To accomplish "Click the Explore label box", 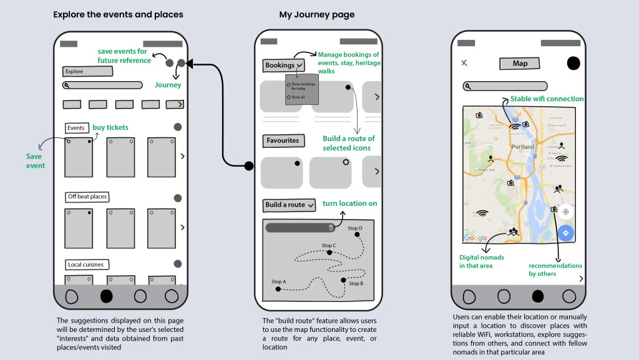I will pos(87,72).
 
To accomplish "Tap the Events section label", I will pos(76,128).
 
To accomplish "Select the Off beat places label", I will pos(87,197).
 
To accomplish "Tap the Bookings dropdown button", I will pos(284,65).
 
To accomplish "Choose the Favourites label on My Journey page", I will pos(283,141).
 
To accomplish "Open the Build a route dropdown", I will pos(290,205).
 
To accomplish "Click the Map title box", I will pos(520,64).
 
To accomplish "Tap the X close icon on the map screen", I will pos(464,63).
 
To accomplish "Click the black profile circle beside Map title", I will pos(573,63).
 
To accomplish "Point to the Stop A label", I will pos(278,281).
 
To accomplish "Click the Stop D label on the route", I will pos(355,228).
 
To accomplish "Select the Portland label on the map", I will pos(523,147).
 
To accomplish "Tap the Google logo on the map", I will pos(476,238).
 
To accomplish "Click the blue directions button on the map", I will pos(565,233).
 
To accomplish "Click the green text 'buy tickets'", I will pos(110,127).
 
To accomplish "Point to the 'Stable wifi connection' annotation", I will pos(547,99).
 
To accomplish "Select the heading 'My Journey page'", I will pos(316,14).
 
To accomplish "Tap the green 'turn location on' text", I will pos(349,203).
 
